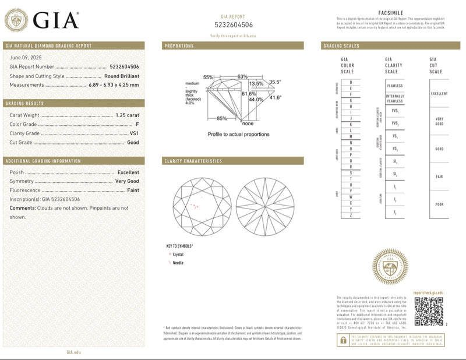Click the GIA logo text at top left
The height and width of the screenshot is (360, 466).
(x=55, y=21)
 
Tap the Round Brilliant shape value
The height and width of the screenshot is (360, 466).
(x=121, y=76)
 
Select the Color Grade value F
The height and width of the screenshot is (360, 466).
(x=137, y=124)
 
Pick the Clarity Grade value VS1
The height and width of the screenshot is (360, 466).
(x=134, y=133)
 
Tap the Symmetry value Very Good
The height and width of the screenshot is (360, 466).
(x=127, y=182)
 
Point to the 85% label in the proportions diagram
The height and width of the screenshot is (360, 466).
(x=221, y=119)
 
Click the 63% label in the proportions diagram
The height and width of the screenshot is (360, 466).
(x=242, y=77)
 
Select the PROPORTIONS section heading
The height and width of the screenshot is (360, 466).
(x=179, y=46)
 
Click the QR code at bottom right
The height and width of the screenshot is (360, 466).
(x=428, y=310)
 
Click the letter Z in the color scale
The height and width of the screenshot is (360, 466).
(x=351, y=216)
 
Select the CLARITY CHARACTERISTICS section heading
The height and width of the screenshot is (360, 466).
(x=193, y=161)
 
